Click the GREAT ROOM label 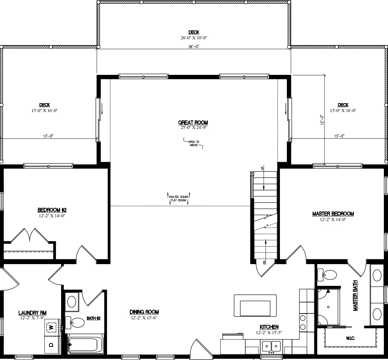[x=193, y=122]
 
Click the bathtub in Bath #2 [x=86, y=344]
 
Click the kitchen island [x=255, y=306]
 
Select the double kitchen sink [x=271, y=346]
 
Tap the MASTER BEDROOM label [x=333, y=214]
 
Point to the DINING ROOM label [x=144, y=312]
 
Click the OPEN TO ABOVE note [x=194, y=143]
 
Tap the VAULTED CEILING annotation [x=178, y=197]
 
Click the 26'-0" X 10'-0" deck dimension [x=194, y=38]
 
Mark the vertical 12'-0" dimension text [x=321, y=120]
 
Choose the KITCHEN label [x=269, y=327]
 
